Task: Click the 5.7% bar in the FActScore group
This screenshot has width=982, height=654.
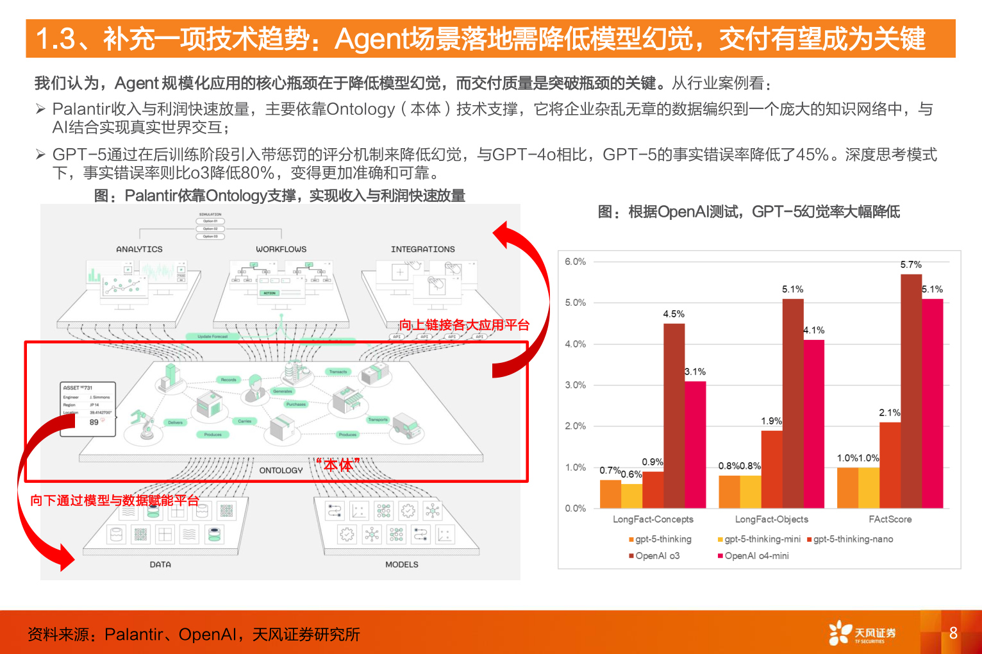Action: [911, 391]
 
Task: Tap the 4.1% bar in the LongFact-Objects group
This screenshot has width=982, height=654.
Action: [813, 424]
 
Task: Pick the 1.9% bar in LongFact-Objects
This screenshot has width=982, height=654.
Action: [772, 469]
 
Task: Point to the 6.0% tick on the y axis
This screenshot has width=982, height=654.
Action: [575, 262]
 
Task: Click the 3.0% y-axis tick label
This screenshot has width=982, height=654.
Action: [575, 385]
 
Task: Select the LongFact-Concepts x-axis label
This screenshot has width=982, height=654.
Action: [653, 519]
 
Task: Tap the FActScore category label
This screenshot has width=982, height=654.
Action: [890, 519]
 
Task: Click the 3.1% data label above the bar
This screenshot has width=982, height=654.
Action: [695, 372]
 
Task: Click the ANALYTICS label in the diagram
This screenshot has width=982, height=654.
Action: [139, 249]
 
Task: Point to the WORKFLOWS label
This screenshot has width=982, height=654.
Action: [281, 249]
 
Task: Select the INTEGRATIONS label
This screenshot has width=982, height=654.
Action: [422, 249]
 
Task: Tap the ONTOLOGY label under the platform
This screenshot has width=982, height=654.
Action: [281, 471]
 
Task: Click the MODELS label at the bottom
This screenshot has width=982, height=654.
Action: [401, 565]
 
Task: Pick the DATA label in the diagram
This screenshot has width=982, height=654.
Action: [160, 565]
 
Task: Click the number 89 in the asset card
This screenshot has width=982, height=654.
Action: [94, 423]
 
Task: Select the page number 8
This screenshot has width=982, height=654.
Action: [953, 633]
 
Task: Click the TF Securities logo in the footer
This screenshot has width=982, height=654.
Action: [862, 633]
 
